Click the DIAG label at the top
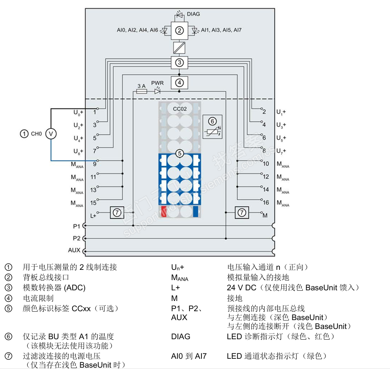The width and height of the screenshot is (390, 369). coord(193,14)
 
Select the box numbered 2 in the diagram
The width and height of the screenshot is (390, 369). coord(179,31)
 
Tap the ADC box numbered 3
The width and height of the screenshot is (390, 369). coord(179,62)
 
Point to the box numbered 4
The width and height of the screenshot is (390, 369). coord(179,82)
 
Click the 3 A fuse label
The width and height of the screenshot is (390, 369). coord(141,85)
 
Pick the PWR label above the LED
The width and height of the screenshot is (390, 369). coord(157,83)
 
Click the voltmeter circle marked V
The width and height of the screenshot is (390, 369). coord(51,133)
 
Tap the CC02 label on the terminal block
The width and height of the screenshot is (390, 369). coord(180,108)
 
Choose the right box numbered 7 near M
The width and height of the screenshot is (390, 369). coord(242,213)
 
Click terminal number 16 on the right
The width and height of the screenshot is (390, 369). coord(266,203)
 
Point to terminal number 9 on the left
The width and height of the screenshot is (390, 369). coord(94,164)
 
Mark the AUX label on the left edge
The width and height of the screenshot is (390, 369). coord(74,250)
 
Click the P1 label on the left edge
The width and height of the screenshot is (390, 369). coord(77,226)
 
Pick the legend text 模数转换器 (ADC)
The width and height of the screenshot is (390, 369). coord(54,288)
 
